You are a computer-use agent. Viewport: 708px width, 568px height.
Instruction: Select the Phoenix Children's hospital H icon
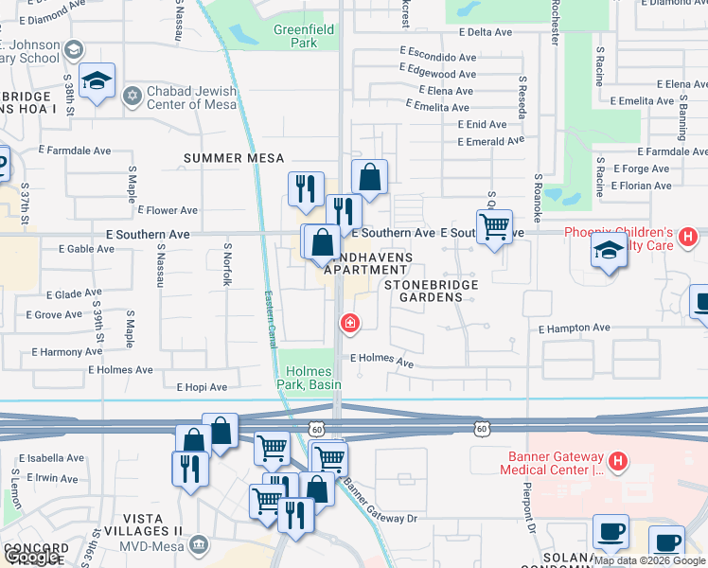(688, 235)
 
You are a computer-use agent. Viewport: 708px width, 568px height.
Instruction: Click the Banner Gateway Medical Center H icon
(617, 462)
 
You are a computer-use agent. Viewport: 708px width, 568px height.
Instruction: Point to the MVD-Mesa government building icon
(198, 544)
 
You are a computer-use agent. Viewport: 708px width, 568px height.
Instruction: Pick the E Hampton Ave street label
(575, 328)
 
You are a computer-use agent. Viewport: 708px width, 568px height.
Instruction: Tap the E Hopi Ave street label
(202, 387)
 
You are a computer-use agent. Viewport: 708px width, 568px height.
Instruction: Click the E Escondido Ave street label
(438, 58)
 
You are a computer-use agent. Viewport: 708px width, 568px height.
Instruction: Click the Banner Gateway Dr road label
(380, 506)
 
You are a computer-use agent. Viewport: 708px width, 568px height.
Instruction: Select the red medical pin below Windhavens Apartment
(350, 325)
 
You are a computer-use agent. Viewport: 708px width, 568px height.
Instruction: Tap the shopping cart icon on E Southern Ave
(494, 228)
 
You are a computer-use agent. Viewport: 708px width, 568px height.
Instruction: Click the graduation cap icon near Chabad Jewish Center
(97, 82)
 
